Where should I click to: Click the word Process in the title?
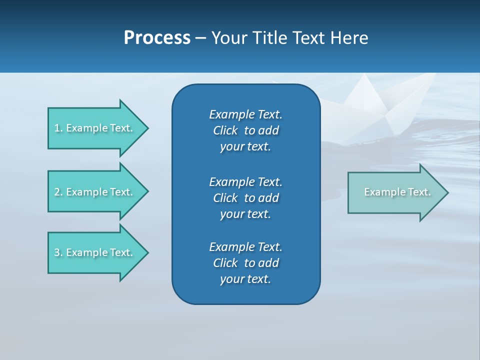pyautogui.click(x=157, y=38)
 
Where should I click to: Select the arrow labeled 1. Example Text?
pyautogui.click(x=95, y=128)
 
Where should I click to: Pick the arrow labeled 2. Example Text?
pyautogui.click(x=95, y=192)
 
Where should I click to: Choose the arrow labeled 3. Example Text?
pyautogui.click(x=95, y=252)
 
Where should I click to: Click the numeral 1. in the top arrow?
pyautogui.click(x=58, y=128)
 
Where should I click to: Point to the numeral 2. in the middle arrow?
pyautogui.click(x=58, y=192)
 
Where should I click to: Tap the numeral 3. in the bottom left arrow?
pyautogui.click(x=58, y=252)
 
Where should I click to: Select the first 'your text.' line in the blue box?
pyautogui.click(x=245, y=147)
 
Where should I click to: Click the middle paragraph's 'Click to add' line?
pyautogui.click(x=246, y=198)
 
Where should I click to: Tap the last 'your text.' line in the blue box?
pyautogui.click(x=245, y=279)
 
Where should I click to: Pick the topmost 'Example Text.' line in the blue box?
pyautogui.click(x=246, y=114)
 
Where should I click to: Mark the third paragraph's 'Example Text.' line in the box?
pyautogui.click(x=246, y=247)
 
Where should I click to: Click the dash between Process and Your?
pyautogui.click(x=201, y=38)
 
